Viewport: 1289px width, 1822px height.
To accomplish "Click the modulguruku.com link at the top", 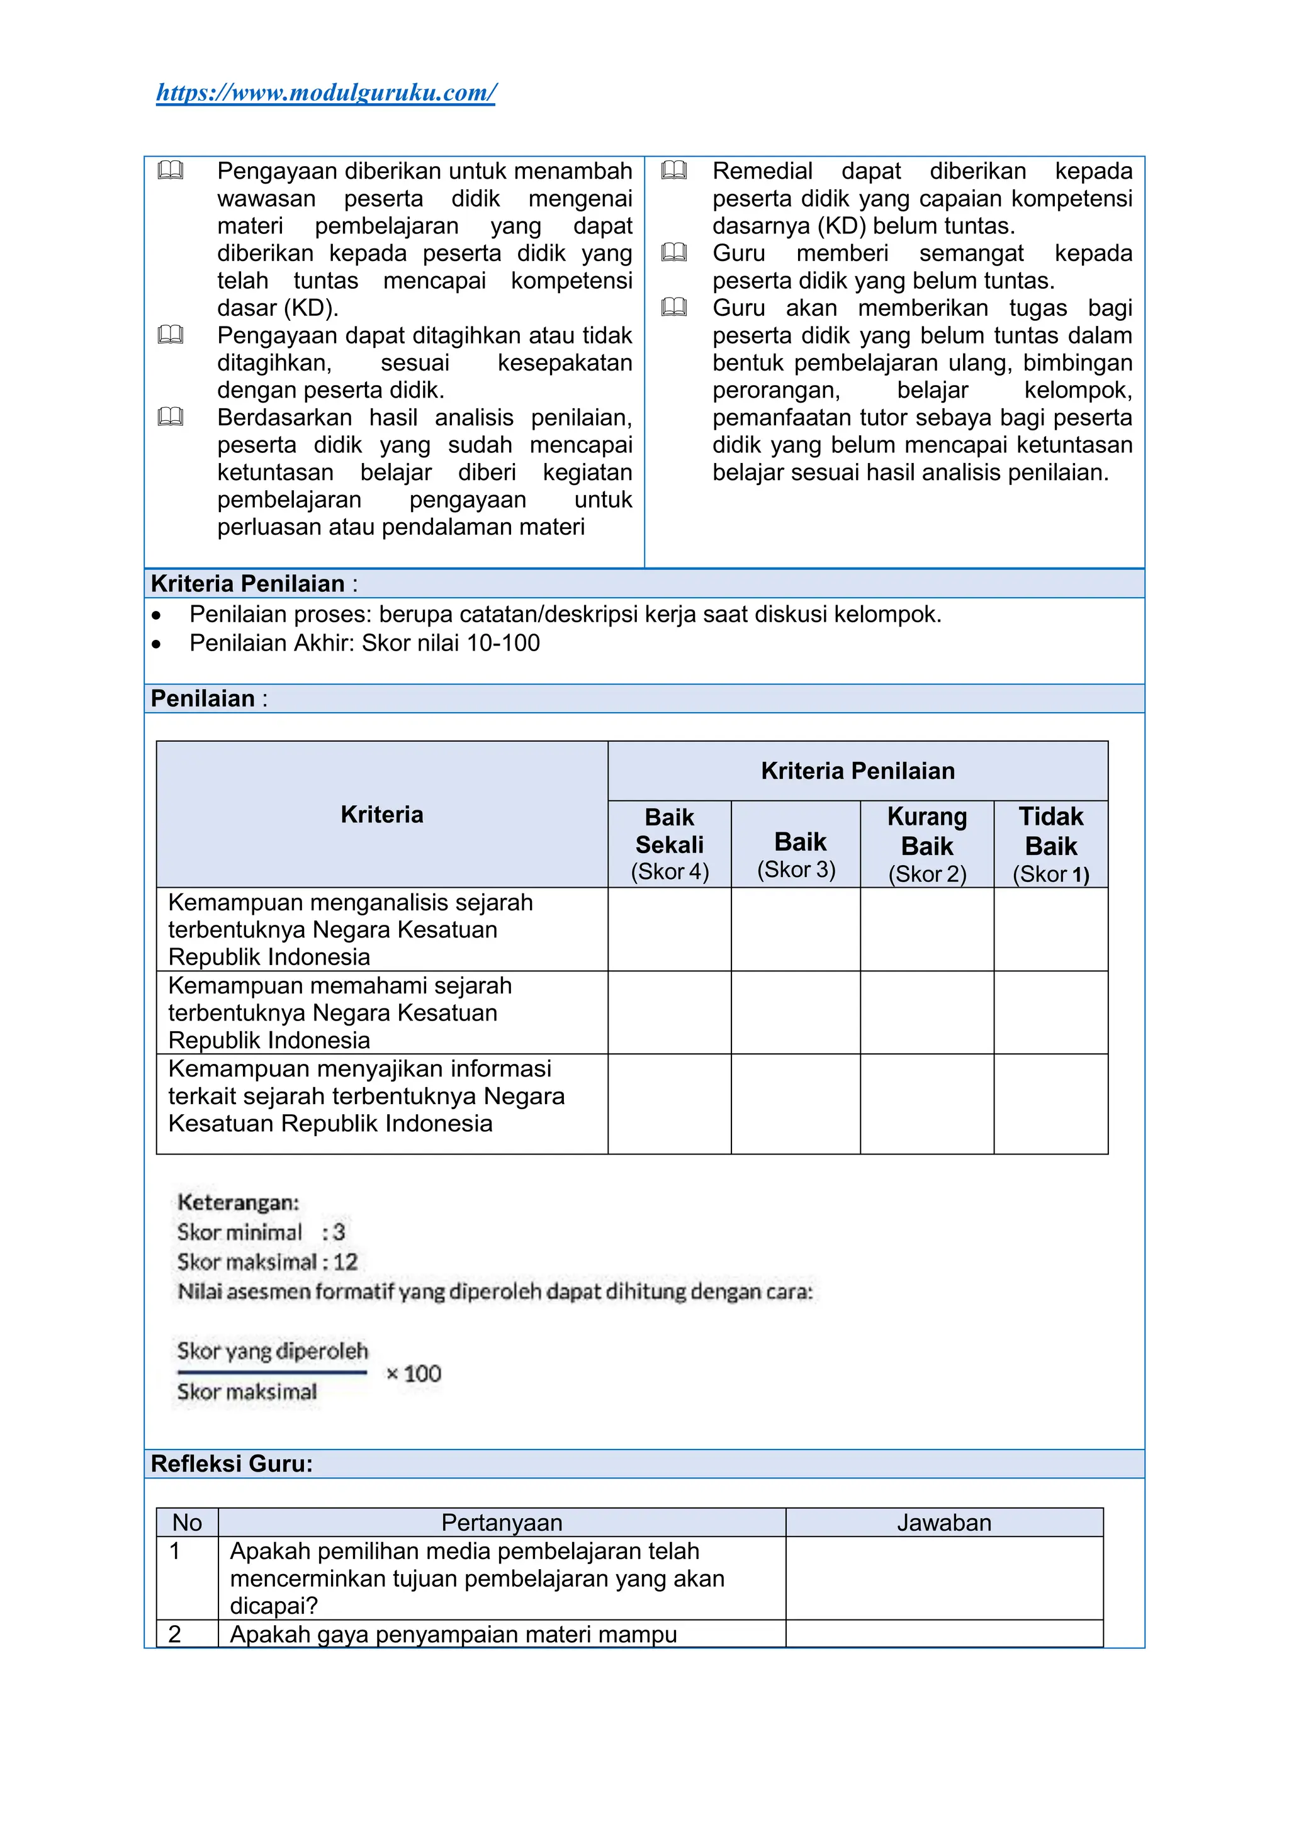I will tap(325, 93).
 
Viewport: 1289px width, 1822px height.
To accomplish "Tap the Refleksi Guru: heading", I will tap(232, 1463).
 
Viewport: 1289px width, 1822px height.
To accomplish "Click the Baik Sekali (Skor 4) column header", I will tap(669, 844).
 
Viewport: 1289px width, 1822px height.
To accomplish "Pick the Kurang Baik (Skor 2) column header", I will tap(926, 844).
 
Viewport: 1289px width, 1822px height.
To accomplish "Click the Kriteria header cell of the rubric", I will tap(382, 814).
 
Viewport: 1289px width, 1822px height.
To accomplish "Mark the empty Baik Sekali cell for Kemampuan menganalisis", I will tap(669, 929).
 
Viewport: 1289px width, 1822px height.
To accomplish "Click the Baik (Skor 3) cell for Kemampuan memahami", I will tap(796, 1012).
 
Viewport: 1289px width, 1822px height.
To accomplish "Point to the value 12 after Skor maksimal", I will tap(346, 1262).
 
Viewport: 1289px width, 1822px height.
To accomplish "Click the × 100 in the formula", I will tap(414, 1373).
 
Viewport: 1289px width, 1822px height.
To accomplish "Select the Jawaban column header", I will tap(943, 1522).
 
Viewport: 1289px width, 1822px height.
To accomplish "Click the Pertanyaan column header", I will tap(502, 1522).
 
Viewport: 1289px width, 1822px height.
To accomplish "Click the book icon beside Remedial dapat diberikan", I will tap(674, 170).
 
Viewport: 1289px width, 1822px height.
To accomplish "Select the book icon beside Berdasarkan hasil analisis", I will tap(170, 416).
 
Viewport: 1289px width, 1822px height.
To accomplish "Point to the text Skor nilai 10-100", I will tap(451, 643).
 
